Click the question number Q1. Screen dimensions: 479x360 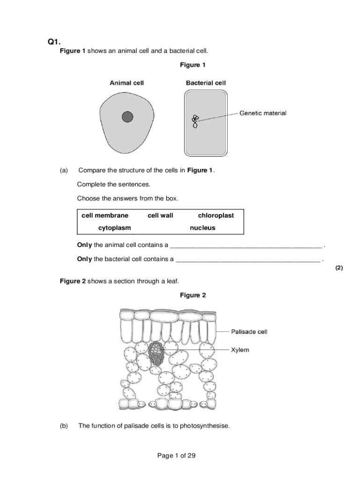54,42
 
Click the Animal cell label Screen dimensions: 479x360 127,83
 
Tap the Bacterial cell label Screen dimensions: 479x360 206,83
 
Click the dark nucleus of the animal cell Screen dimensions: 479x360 128,117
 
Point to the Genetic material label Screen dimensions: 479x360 263,113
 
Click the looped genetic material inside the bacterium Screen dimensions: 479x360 195,121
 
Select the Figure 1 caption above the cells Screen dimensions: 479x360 193,65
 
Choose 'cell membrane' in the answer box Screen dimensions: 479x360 105,216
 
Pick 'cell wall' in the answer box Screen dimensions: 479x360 160,216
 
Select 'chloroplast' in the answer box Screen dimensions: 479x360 216,216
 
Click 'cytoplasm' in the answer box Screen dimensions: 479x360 115,228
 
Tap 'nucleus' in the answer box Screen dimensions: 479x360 202,228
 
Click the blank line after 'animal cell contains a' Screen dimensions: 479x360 246,246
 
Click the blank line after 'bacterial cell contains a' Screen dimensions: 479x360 248,260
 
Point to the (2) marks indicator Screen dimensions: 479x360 339,268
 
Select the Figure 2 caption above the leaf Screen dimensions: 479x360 193,296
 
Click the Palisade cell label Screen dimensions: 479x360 249,332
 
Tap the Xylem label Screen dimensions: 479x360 240,350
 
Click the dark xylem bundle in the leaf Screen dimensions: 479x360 156,353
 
